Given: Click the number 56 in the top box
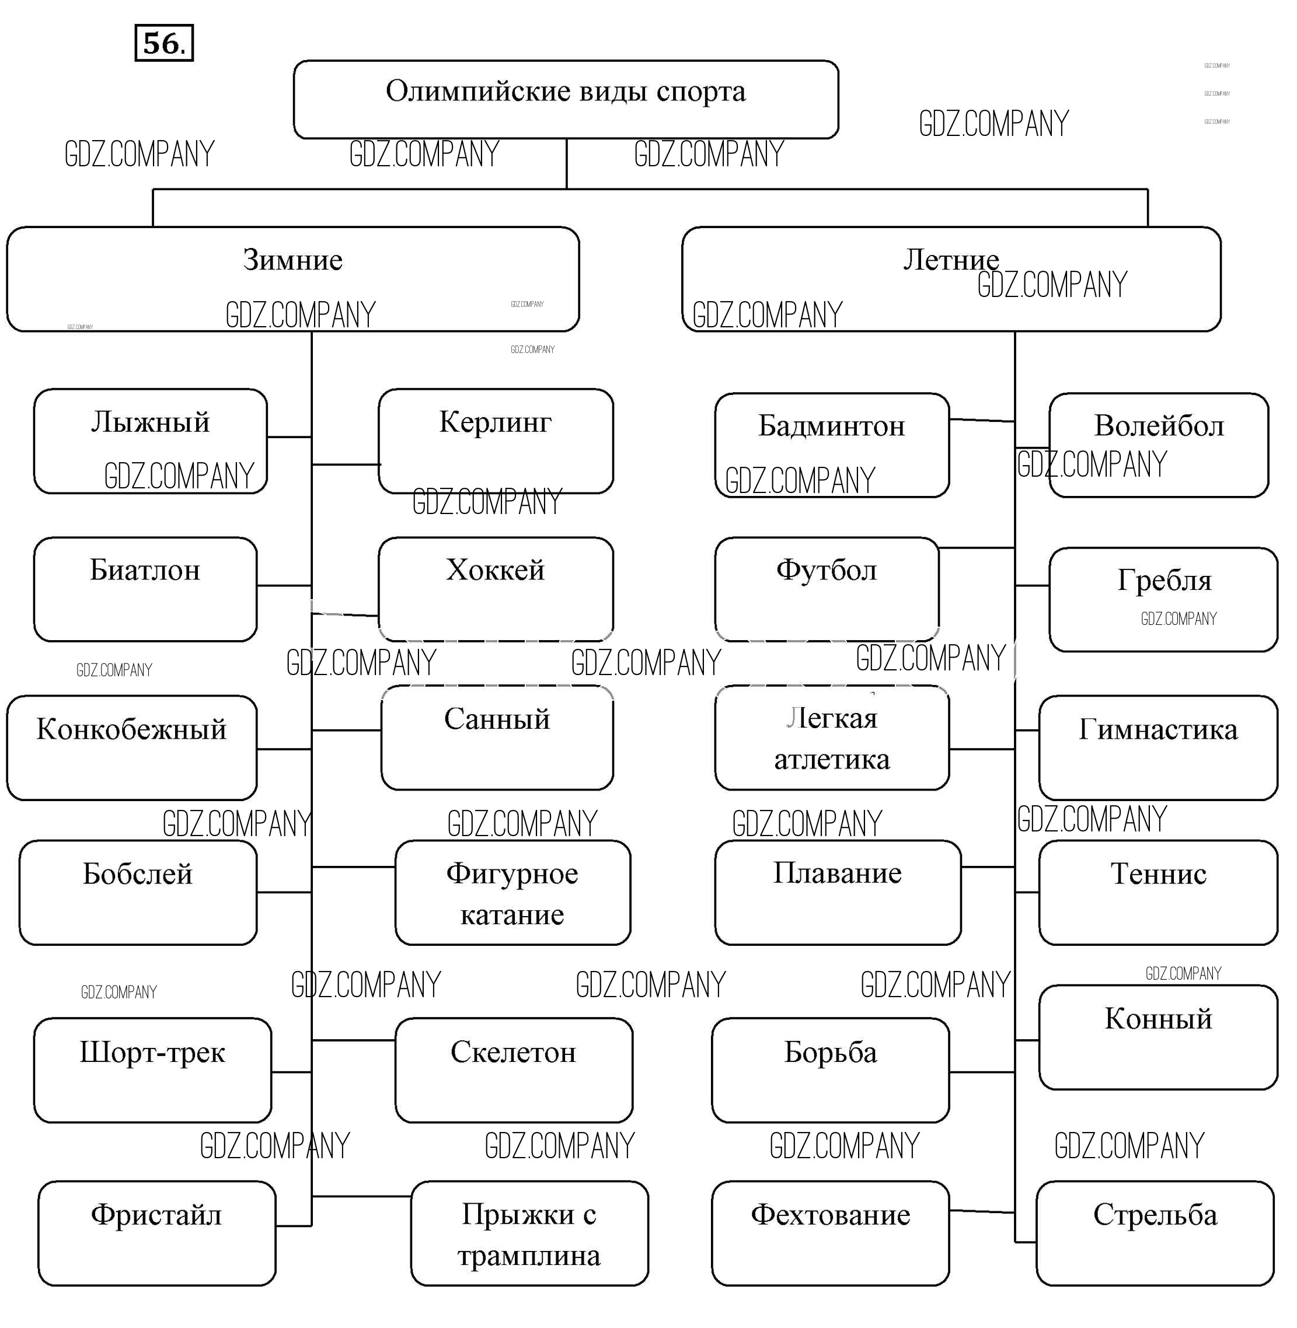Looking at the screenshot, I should coord(163,43).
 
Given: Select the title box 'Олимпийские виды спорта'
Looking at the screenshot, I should coord(566,99).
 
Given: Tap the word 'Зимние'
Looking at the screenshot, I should coord(292,260).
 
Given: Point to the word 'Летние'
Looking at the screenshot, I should coord(950,260).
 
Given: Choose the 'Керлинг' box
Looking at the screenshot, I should coord(495,441).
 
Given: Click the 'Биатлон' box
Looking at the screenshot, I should coord(145,589).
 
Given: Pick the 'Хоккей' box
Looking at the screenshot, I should coord(495,589).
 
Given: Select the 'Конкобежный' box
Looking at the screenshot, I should coord(131,748).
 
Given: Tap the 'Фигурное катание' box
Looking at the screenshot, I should coord(512,893).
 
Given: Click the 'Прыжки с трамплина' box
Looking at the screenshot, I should coord(529,1233).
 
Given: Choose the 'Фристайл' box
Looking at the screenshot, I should coord(156,1233).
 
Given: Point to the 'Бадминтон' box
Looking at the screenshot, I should coord(831,445).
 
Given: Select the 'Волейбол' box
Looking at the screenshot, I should coord(1158,445).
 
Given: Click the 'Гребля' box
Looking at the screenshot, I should coord(1163,599).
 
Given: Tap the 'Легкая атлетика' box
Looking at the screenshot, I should coord(831,738).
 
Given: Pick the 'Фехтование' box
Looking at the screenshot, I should coord(831,1233).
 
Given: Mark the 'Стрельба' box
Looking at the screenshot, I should coord(1155,1233).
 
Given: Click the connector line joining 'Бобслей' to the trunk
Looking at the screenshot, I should coord(284,892).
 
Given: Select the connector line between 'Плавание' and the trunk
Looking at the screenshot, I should coord(988,867).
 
